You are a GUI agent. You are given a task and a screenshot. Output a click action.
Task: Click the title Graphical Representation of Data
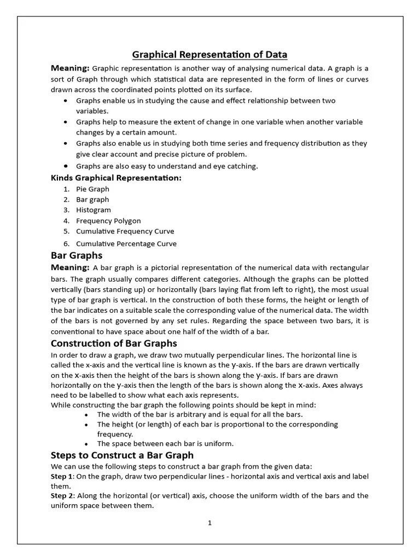(x=209, y=54)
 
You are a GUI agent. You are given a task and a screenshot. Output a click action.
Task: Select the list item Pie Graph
(x=92, y=189)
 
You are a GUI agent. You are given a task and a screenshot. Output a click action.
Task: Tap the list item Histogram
(x=93, y=210)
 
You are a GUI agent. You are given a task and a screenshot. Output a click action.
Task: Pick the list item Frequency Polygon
(x=108, y=221)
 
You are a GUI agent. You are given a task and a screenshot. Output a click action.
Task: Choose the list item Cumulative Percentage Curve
(x=126, y=244)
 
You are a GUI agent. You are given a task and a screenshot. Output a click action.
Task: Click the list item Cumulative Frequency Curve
(x=125, y=231)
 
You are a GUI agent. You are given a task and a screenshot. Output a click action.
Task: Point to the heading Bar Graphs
(x=76, y=255)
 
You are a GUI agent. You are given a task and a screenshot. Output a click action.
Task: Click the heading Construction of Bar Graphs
(x=114, y=343)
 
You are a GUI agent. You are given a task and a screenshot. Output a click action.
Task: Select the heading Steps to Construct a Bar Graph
(x=122, y=455)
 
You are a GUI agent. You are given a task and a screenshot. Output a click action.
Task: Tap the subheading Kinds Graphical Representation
(x=116, y=178)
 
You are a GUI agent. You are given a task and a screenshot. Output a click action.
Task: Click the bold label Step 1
(x=61, y=477)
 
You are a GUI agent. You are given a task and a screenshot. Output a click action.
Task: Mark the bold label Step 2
(x=61, y=496)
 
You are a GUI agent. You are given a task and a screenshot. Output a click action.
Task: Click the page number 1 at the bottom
(x=209, y=523)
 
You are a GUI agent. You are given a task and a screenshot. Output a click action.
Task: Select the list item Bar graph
(x=92, y=200)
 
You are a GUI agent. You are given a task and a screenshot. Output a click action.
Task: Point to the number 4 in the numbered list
(x=66, y=221)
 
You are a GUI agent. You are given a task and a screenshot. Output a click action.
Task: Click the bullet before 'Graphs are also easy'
(x=66, y=166)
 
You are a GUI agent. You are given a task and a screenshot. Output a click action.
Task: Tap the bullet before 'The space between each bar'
(x=87, y=444)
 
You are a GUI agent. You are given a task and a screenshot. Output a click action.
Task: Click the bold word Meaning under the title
(x=69, y=68)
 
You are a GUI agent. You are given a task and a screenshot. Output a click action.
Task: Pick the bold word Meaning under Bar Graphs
(x=69, y=267)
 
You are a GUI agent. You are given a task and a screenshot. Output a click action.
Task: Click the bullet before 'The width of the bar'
(x=87, y=415)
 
